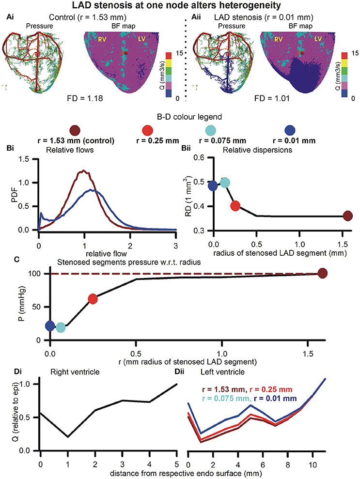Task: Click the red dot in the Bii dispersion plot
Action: click(x=235, y=206)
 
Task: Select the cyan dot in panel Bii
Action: click(x=225, y=183)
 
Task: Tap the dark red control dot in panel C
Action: click(x=323, y=273)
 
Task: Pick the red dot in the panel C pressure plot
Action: click(x=93, y=299)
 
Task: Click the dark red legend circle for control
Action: click(x=75, y=130)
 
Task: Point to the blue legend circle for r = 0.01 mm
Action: click(x=290, y=130)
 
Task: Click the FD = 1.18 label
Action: click(x=85, y=98)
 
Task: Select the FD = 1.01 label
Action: click(x=272, y=98)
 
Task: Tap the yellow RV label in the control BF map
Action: click(x=102, y=39)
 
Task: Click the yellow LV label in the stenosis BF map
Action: click(x=318, y=39)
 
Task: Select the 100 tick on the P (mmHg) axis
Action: click(x=35, y=274)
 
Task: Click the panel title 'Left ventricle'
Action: click(x=222, y=372)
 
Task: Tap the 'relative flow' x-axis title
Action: click(x=106, y=253)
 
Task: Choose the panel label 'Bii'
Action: click(x=186, y=148)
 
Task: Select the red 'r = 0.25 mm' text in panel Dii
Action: click(x=271, y=389)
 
